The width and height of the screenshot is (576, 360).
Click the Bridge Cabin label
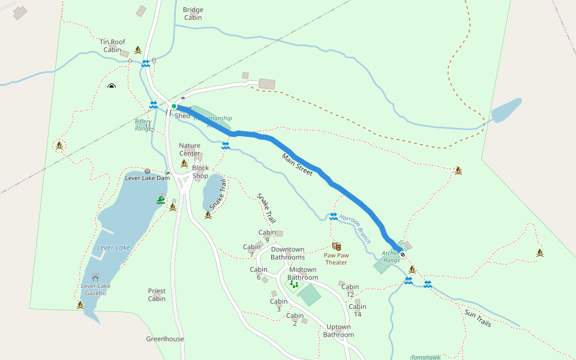[193, 14]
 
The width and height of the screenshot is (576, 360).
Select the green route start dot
[174, 106]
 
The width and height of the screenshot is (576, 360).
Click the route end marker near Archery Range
[403, 254]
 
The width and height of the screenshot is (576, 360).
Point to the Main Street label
[298, 164]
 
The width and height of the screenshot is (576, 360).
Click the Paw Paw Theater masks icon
[336, 247]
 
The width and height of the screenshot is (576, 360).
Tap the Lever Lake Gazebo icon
[95, 278]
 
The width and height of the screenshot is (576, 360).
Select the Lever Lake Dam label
[147, 178]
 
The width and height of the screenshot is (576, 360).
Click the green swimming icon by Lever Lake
[161, 199]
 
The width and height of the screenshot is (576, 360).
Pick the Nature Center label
[190, 149]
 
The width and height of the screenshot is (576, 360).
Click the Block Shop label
[200, 172]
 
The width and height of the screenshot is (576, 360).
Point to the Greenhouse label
[165, 339]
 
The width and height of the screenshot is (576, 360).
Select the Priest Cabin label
[157, 295]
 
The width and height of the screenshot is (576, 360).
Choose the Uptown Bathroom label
[340, 331]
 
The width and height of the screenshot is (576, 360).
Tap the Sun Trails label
[478, 319]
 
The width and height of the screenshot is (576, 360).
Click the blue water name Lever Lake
[113, 248]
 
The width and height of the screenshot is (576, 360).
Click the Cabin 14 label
[358, 310]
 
